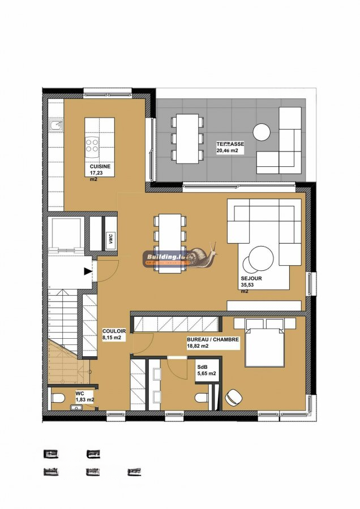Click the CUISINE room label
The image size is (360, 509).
pyautogui.click(x=100, y=167)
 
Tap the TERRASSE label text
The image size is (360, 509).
pyautogui.click(x=230, y=144)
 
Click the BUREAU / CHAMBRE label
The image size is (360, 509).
pyautogui.click(x=213, y=340)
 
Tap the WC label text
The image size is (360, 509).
pyautogui.click(x=79, y=392)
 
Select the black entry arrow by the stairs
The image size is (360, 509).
pyautogui.click(x=88, y=271)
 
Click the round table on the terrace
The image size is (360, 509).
pyautogui.click(x=262, y=132)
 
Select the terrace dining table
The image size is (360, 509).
pyautogui.click(x=187, y=139)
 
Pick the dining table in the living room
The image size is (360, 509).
pyautogui.click(x=170, y=243)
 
